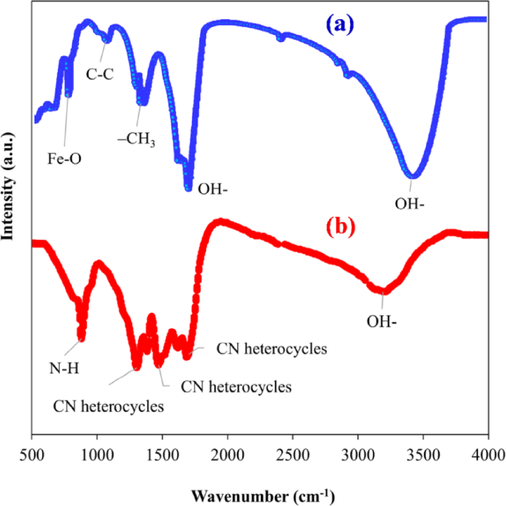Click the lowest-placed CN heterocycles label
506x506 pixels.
pos(109,405)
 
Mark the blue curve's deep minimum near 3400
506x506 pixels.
pos(414,175)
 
